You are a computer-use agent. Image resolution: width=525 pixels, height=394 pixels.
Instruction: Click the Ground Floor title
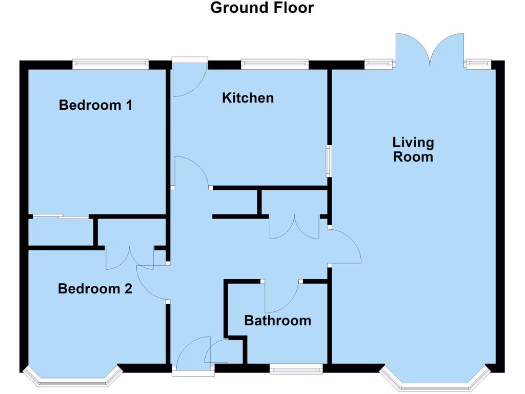coord(262,8)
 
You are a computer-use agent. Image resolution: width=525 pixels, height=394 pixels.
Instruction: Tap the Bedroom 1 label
coord(96,105)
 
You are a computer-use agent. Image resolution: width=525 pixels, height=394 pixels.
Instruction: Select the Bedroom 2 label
coord(95,288)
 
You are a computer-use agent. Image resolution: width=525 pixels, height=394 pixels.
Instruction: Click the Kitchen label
coord(248,97)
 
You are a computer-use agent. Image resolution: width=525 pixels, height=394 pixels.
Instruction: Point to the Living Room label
coord(413,149)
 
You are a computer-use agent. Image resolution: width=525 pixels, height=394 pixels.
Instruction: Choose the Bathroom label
coord(277,321)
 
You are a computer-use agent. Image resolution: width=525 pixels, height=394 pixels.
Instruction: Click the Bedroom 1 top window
coord(110,64)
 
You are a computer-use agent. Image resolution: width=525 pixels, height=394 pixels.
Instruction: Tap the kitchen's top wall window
coord(275,64)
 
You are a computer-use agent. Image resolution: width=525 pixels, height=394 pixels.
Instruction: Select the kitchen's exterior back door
coord(189,77)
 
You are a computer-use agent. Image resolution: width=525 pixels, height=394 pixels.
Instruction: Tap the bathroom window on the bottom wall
coord(296,368)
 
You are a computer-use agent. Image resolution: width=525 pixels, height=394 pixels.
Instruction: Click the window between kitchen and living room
coord(328,161)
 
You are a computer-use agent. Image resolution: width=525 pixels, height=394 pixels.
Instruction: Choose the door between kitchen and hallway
coord(191,172)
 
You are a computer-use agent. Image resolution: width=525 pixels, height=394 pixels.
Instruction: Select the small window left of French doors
coord(380,64)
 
